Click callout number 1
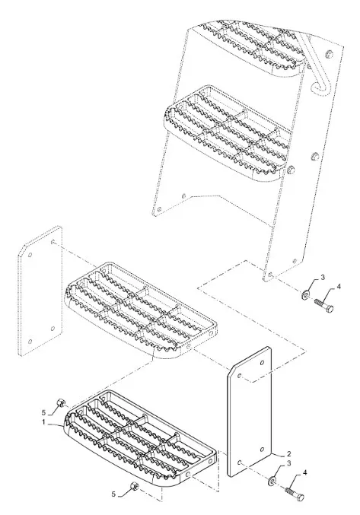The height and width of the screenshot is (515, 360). (44, 421)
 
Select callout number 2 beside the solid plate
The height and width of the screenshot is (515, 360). (288, 454)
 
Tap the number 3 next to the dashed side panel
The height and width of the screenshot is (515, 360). (323, 278)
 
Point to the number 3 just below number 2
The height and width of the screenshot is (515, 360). (288, 463)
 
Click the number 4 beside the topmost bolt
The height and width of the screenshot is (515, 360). (339, 287)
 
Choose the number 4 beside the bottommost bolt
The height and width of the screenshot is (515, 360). (304, 472)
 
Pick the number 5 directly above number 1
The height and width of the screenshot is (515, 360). (44, 412)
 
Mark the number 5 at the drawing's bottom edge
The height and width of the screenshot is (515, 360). (113, 494)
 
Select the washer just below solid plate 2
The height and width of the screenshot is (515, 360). (272, 482)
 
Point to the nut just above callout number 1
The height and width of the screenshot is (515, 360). (61, 402)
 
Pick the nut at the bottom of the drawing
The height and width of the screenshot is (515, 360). (134, 486)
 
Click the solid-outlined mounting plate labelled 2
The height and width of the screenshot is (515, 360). (250, 412)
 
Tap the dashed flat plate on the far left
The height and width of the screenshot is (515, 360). (40, 291)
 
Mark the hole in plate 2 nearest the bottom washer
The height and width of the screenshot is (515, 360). (241, 462)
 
